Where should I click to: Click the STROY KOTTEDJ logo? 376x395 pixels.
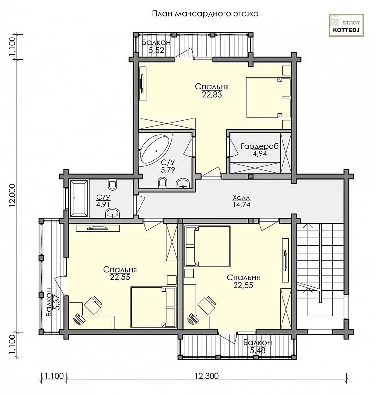346,26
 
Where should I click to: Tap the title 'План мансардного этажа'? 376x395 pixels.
205,14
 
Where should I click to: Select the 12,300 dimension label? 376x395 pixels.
207,376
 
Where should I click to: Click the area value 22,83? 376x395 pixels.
212,94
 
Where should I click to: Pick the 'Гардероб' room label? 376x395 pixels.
259,146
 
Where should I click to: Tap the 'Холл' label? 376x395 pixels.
241,197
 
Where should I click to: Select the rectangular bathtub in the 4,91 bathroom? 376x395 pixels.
79,198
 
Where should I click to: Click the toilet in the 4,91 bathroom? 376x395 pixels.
112,185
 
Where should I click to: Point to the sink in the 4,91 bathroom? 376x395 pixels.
112,213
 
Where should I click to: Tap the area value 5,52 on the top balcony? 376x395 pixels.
156,50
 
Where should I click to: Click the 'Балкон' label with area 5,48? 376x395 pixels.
257,343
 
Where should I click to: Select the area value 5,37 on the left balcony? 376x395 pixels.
57,303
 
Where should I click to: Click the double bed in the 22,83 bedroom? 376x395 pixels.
268,97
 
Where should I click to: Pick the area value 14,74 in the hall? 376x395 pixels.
241,205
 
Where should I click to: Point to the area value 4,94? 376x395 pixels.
260,154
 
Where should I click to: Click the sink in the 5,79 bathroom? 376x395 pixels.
183,183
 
